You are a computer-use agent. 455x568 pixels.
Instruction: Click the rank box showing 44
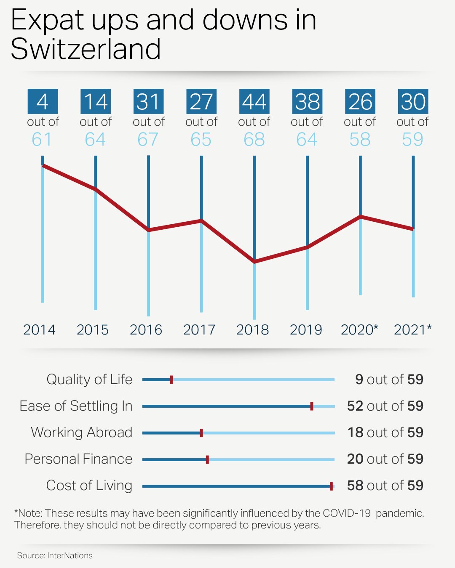(x=254, y=101)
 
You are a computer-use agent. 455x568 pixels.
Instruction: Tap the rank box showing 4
(x=43, y=101)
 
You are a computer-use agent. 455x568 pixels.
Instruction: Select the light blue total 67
(x=148, y=139)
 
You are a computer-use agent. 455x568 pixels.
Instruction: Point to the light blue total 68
(x=254, y=139)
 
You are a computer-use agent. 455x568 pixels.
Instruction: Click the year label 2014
(x=39, y=329)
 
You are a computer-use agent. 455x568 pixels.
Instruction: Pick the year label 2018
(x=252, y=329)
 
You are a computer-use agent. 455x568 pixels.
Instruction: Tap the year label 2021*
(x=412, y=329)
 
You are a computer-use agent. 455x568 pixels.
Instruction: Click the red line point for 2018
(x=254, y=262)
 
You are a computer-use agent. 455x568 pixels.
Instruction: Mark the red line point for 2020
(x=360, y=217)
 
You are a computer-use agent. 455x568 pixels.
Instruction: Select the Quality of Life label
(x=89, y=380)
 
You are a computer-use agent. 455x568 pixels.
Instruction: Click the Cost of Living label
(x=89, y=486)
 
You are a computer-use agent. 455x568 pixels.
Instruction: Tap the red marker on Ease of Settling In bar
(x=312, y=406)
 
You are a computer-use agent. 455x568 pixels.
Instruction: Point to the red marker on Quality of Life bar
(x=171, y=380)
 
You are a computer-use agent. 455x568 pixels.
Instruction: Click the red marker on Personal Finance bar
(x=207, y=459)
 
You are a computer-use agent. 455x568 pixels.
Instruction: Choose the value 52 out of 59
(x=385, y=406)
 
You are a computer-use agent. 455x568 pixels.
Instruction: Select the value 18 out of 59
(x=385, y=433)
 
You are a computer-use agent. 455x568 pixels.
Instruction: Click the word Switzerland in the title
(x=86, y=49)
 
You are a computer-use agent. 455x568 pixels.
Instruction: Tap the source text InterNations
(x=70, y=555)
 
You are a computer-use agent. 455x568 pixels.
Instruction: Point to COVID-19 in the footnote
(x=347, y=513)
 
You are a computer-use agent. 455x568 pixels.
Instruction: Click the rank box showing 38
(x=307, y=101)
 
